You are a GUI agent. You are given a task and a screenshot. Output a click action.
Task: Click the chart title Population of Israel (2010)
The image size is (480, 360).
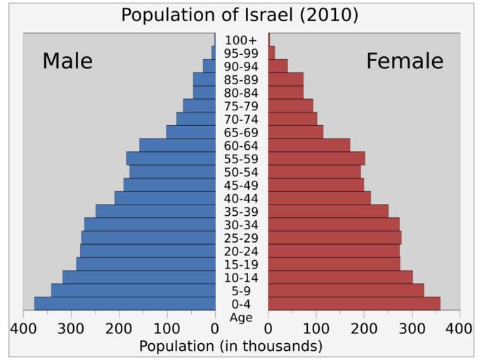[x=240, y=15]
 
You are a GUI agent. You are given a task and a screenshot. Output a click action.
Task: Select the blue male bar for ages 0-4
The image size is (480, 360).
[x=125, y=304]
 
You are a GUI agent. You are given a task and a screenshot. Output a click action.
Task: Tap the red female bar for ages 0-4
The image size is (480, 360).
[x=354, y=304]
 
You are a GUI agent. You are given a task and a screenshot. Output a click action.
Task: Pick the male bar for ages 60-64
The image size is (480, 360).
[x=177, y=145]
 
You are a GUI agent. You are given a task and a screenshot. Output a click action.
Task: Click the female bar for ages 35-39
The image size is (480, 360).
[x=328, y=211]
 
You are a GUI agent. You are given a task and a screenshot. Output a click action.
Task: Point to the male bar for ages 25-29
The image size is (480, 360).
[x=148, y=238]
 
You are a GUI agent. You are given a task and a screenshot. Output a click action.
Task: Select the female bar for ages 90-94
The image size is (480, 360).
[x=278, y=66]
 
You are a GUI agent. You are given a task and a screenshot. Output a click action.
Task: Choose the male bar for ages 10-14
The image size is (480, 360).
[x=139, y=277]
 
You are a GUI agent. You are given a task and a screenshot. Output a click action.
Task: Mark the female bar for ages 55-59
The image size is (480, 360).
[x=317, y=158]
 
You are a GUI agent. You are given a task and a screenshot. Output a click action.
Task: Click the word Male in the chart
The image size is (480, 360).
[x=67, y=61]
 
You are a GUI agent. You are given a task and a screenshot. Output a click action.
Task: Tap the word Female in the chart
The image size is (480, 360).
[x=405, y=61]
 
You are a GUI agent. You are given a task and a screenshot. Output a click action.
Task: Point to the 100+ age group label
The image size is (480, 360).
[x=242, y=40]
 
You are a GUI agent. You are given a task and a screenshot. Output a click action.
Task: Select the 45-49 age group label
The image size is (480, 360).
[x=242, y=185]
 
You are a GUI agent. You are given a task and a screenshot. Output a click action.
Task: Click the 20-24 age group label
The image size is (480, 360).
[x=242, y=251]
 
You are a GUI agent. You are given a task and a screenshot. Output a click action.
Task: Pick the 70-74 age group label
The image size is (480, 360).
[x=242, y=119]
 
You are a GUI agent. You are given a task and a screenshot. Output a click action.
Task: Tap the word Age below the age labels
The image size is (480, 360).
[x=242, y=317]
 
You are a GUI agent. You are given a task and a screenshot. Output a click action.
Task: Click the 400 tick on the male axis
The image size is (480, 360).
[x=23, y=328]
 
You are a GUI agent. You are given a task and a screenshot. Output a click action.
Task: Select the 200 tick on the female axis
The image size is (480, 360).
[x=364, y=328]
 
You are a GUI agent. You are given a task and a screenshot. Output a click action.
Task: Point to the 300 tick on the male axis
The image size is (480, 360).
[x=71, y=328]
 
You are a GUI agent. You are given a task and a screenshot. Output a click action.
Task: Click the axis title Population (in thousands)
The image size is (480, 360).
[x=231, y=346]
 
